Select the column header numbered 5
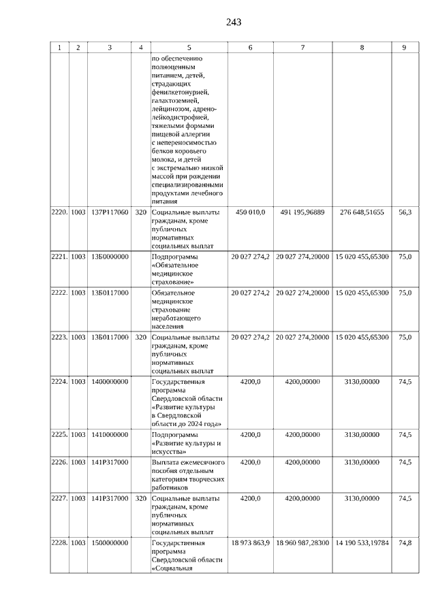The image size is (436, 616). coord(189,48)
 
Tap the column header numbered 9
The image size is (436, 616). coord(404,48)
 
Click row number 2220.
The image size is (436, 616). coord(59,212)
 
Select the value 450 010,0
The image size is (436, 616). coord(250,212)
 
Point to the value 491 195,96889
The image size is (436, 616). coord(302,212)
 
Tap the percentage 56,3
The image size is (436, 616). coord(405,212)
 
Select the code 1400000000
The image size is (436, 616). coord(109,382)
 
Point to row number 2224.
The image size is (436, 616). coord(59,382)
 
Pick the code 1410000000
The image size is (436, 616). coord(109,434)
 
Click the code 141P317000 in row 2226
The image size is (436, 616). coord(109,462)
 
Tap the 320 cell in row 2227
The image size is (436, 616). coord(140,499)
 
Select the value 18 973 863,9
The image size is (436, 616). coord(251,542)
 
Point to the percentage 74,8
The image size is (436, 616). coord(405,542)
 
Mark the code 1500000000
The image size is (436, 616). coord(109,542)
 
